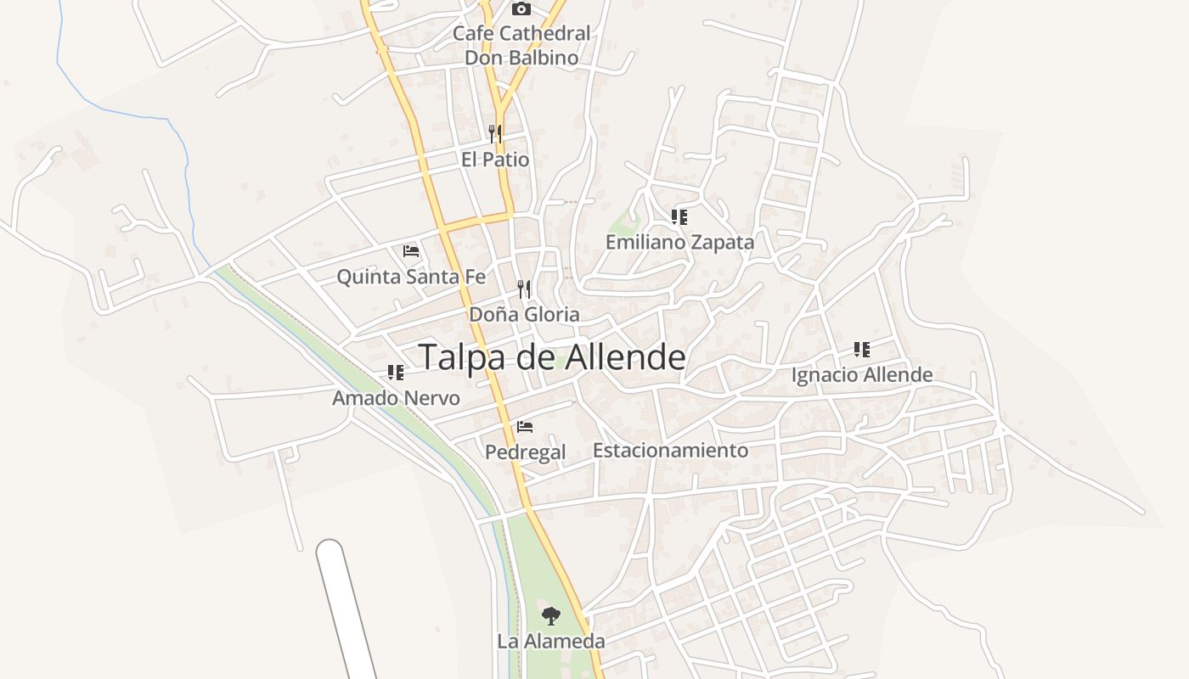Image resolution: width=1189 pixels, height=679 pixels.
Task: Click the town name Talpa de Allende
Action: click(551, 357)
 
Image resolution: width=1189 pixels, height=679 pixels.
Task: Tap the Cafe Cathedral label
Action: click(521, 34)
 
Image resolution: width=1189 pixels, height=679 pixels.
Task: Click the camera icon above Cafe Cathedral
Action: click(521, 9)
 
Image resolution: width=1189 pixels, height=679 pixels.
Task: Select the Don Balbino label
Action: click(521, 59)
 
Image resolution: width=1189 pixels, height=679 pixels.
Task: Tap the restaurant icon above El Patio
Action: click(495, 133)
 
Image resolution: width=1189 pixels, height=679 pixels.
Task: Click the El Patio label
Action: click(495, 160)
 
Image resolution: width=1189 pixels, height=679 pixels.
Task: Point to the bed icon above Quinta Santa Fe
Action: click(411, 251)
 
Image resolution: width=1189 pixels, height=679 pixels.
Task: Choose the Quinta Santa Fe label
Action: click(411, 277)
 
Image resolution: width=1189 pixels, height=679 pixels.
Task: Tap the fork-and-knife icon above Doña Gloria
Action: click(524, 289)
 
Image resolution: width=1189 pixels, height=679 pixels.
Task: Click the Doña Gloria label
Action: click(524, 315)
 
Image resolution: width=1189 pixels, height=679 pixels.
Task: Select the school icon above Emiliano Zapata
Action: click(679, 217)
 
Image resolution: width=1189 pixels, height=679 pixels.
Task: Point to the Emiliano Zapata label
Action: click(679, 243)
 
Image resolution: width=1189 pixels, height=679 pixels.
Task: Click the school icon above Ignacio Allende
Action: click(862, 349)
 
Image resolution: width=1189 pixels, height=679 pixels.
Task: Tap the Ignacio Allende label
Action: click(862, 375)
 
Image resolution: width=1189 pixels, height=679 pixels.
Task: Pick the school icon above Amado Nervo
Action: click(396, 372)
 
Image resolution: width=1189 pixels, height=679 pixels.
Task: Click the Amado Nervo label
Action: click(396, 398)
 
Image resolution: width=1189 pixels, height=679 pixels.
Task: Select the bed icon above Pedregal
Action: click(525, 426)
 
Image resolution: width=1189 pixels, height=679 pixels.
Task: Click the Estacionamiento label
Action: click(670, 451)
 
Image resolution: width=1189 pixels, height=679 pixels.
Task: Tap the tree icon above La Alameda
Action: click(551, 616)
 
